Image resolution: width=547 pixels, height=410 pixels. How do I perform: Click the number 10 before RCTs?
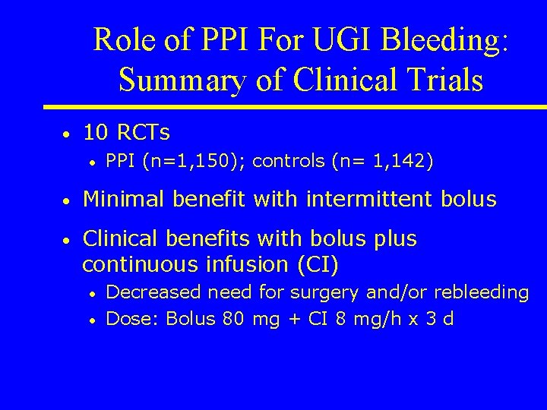point(95,134)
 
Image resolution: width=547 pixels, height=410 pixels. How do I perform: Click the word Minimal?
point(125,200)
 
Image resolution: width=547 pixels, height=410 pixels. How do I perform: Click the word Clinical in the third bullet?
point(123,239)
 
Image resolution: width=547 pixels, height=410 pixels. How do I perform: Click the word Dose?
point(133,318)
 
